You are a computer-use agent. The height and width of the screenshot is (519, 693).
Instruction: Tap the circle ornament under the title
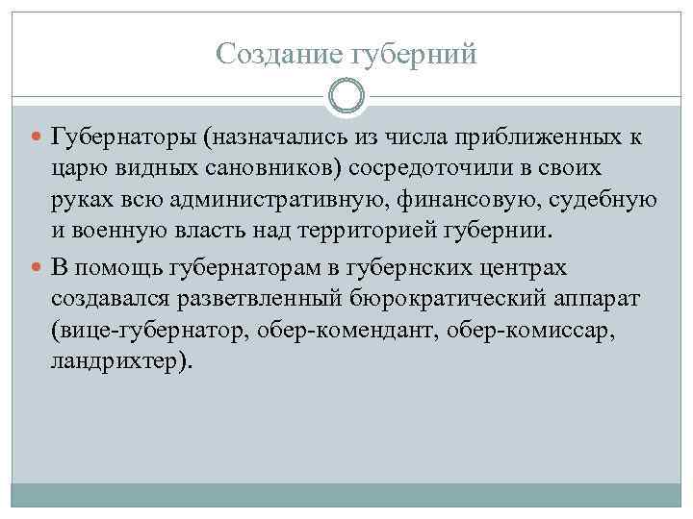(x=346, y=97)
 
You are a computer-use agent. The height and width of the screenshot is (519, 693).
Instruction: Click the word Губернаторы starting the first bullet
(x=124, y=138)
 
